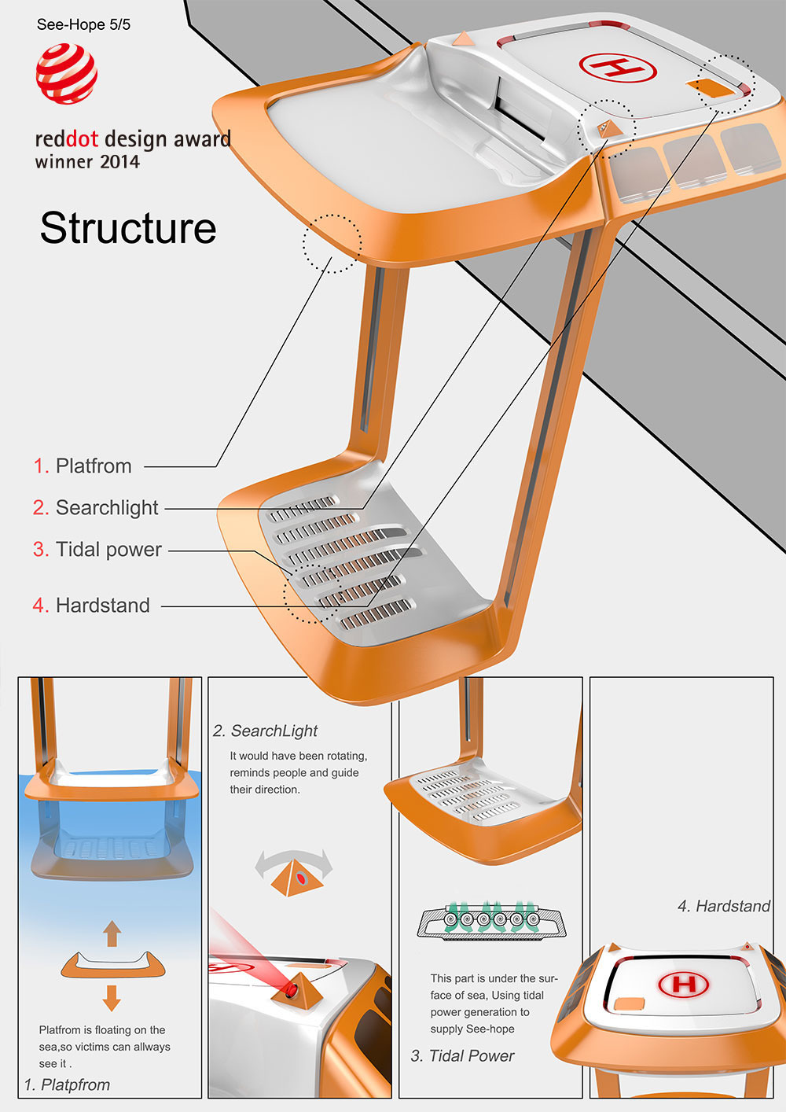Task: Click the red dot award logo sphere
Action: (x=67, y=73)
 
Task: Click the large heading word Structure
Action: (x=128, y=228)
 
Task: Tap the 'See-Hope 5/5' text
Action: (x=83, y=24)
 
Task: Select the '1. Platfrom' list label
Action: (x=83, y=466)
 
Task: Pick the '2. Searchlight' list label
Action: (x=96, y=508)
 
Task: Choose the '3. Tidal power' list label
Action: (x=97, y=550)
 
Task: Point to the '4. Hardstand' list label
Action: (x=91, y=606)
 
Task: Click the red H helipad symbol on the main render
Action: (x=617, y=68)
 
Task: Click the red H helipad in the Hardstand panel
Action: (x=683, y=984)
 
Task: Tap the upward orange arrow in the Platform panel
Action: (x=112, y=933)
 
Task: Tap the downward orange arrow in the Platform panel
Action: (x=112, y=997)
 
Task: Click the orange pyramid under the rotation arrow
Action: (x=296, y=879)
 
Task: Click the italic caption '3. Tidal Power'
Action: (x=462, y=1056)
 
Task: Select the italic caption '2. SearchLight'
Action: (x=265, y=731)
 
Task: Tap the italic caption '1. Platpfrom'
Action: (x=67, y=1084)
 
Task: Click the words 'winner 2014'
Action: (x=87, y=162)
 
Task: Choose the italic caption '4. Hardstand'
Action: (x=724, y=906)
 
